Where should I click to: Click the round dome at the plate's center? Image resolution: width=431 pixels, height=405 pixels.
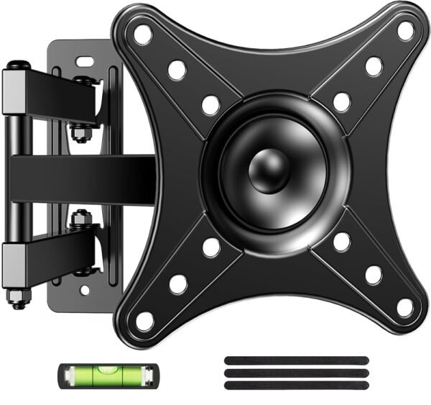[x=266, y=173]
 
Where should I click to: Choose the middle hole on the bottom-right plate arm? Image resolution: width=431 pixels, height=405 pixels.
[x=374, y=275]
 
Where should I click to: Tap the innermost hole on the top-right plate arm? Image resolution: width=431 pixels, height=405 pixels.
[x=342, y=101]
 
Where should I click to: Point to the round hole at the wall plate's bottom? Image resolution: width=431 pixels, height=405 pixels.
[x=86, y=291]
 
